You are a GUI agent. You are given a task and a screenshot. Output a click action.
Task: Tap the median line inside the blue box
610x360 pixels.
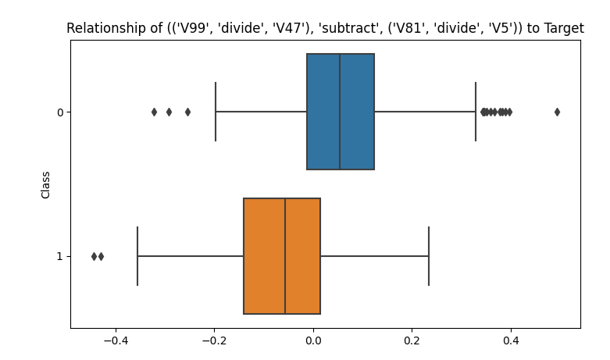pos(340,112)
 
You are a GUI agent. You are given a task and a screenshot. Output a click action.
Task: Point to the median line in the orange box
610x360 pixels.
pos(285,256)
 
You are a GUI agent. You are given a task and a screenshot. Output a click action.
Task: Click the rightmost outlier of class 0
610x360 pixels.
pos(557,112)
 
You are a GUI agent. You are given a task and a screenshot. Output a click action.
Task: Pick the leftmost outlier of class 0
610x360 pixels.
pos(154,112)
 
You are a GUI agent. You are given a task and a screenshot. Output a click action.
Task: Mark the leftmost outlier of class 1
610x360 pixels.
pos(94,256)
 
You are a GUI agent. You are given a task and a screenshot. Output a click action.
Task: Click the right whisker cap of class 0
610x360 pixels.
pos(476,112)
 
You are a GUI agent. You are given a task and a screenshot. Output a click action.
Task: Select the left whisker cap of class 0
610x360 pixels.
pos(216,112)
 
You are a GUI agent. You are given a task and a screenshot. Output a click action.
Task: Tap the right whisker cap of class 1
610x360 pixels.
pos(429,256)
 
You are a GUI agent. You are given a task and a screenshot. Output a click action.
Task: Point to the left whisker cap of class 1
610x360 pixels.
pos(137,256)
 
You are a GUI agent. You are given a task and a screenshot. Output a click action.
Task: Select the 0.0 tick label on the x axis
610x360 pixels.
pos(313,340)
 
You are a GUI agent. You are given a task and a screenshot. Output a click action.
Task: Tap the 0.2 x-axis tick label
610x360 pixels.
pos(412,340)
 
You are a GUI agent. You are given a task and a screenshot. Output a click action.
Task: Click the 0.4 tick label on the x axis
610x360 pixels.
pos(511,340)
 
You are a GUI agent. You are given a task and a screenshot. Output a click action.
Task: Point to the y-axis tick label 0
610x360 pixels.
pos(59,112)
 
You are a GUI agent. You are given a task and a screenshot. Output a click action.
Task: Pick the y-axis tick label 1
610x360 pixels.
pos(59,256)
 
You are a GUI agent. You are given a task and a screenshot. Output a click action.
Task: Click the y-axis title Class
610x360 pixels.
pos(46,184)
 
